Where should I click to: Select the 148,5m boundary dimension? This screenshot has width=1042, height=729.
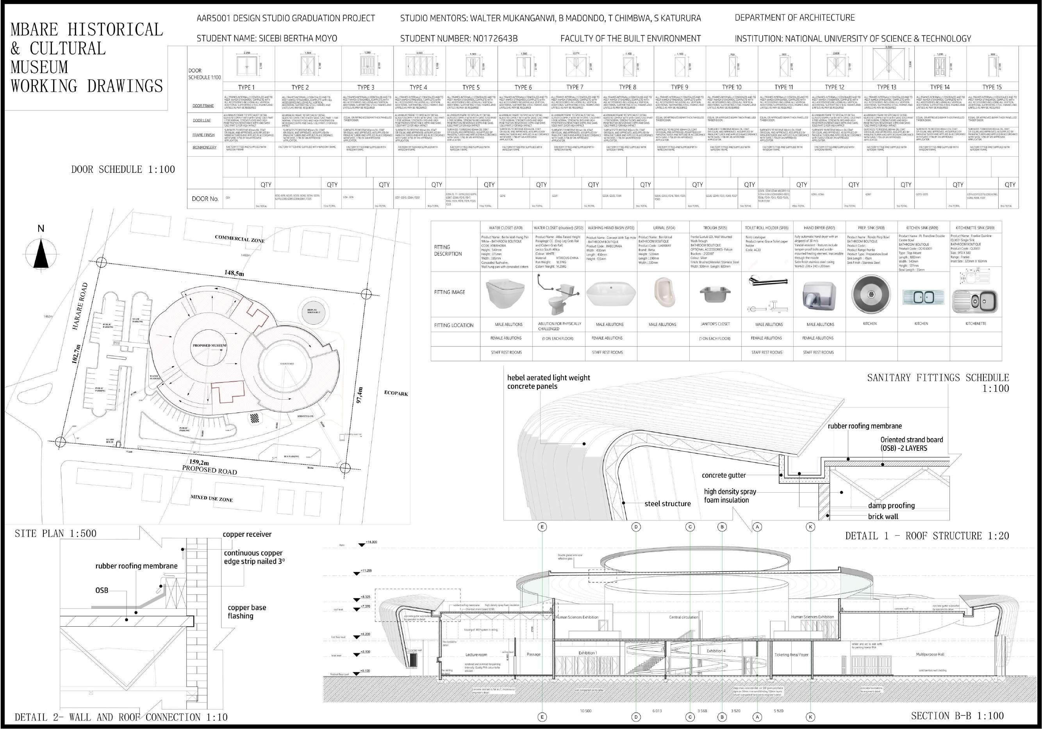coord(234,273)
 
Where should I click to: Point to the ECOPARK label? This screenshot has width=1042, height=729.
coord(396,393)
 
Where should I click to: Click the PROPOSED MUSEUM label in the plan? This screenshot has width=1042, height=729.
coord(209,345)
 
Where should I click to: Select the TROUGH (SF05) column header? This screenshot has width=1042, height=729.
coord(715,228)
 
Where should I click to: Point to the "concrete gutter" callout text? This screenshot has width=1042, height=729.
coord(723,475)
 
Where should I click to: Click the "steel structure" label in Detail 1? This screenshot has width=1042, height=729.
coord(667,504)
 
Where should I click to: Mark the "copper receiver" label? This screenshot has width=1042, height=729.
coord(247,534)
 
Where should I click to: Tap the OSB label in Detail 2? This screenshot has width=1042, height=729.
coord(102,590)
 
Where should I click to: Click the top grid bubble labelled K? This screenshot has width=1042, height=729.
coord(810,527)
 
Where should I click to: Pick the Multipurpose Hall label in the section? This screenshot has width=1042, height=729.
coord(930,654)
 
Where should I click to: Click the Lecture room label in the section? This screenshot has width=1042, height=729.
coord(476,654)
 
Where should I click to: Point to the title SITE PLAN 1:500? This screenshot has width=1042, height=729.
coord(55,533)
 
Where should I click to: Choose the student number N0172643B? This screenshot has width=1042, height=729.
coord(459,39)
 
